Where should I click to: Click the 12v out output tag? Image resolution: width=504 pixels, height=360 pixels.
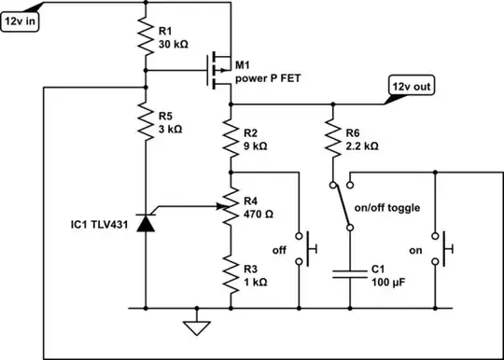(411, 88)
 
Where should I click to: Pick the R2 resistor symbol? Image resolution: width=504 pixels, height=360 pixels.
(230, 139)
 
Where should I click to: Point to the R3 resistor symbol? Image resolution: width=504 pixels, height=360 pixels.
(230, 271)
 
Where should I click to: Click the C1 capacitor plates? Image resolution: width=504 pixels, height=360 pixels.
(350, 274)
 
